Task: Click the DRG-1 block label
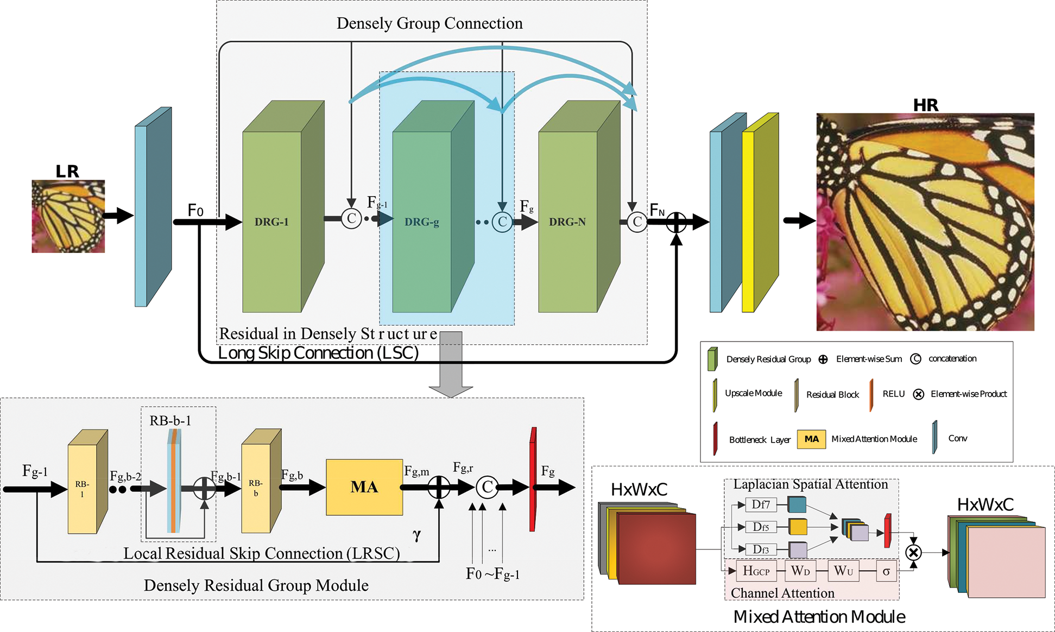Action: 271,222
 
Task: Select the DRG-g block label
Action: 421,222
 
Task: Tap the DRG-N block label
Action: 567,222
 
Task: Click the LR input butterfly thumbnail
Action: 68,216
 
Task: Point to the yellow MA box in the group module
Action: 364,487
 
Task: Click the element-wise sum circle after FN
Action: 676,222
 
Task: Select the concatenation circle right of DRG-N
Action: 637,222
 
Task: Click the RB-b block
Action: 261,481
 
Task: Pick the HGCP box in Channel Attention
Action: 756,571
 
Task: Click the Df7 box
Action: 761,504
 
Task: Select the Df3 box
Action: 761,549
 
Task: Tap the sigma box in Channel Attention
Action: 886,571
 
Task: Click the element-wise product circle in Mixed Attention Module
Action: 914,553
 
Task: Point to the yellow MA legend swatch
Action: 811,439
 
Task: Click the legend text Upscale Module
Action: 753,393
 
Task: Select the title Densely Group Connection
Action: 429,23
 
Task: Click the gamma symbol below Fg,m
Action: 416,535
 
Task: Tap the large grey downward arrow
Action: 451,364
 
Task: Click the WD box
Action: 800,571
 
